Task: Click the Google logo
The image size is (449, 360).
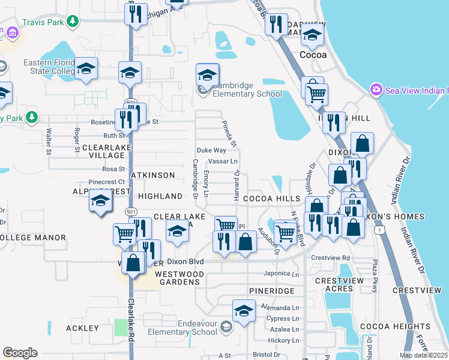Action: [x=20, y=353]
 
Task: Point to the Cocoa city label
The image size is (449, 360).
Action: [x=313, y=55]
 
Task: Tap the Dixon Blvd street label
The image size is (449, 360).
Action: [x=186, y=262]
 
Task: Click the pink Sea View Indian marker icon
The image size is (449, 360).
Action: [x=376, y=90]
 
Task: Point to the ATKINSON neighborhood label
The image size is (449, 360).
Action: [x=153, y=175]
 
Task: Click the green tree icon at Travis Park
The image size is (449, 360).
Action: [x=73, y=22]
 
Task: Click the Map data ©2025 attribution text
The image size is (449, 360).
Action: [x=423, y=355]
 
